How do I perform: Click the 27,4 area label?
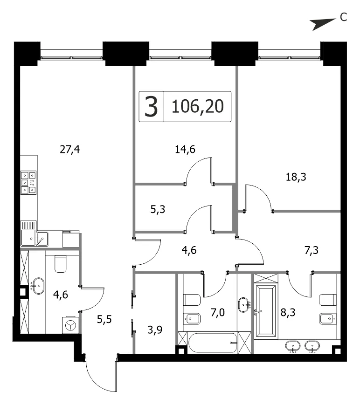click(70, 150)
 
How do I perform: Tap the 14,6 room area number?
click(185, 150)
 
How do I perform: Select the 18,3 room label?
click(296, 177)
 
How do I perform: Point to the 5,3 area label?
click(158, 209)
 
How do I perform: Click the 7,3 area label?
click(312, 250)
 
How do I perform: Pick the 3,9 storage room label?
click(155, 330)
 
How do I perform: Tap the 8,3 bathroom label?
click(288, 313)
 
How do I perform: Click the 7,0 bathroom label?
click(218, 313)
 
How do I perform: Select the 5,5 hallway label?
click(104, 320)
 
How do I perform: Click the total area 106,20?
click(198, 106)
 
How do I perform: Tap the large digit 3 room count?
click(151, 106)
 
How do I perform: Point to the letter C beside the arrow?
click(343, 17)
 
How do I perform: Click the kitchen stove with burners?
click(29, 183)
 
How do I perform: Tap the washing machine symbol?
click(70, 325)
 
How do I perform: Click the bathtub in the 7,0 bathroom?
click(213, 343)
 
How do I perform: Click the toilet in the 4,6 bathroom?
click(61, 263)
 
